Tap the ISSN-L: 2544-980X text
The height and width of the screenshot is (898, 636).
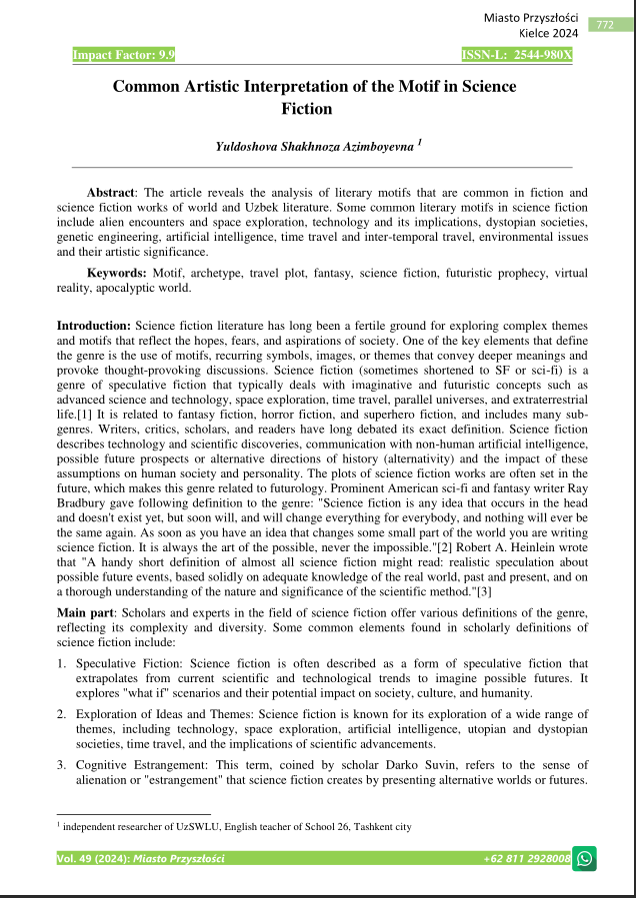(x=517, y=53)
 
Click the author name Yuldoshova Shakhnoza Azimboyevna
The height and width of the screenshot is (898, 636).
(x=314, y=147)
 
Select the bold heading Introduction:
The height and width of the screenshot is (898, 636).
(x=93, y=327)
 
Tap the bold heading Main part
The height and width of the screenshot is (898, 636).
(x=85, y=610)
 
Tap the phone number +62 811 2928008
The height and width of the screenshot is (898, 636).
(x=526, y=859)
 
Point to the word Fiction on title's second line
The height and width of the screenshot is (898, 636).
(x=314, y=108)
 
